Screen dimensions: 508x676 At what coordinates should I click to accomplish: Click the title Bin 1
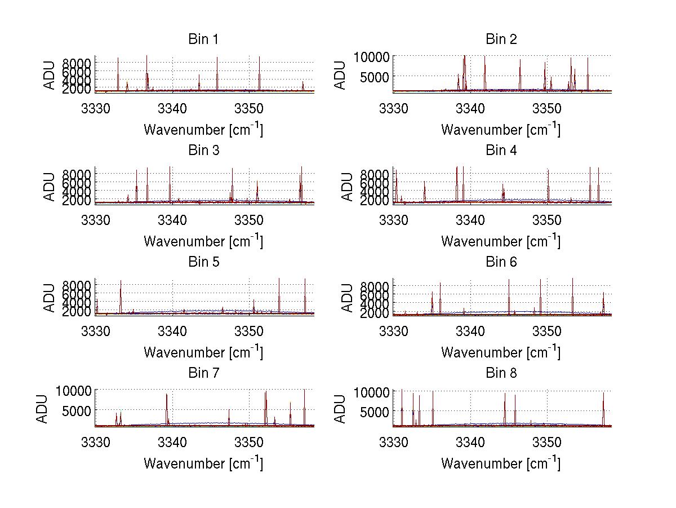pyautogui.click(x=203, y=39)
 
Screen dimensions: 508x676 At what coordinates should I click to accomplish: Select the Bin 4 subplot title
pyautogui.click(x=501, y=151)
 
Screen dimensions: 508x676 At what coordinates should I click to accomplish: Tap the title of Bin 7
pyautogui.click(x=203, y=373)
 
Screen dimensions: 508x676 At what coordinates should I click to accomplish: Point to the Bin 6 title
pyautogui.click(x=501, y=262)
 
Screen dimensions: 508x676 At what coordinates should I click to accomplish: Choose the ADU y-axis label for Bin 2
pyautogui.click(x=340, y=74)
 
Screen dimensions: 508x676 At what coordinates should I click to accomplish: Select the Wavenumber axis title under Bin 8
pyautogui.click(x=501, y=463)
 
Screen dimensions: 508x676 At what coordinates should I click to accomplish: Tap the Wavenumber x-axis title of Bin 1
pyautogui.click(x=203, y=129)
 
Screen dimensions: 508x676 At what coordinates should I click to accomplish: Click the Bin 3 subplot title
pyautogui.click(x=203, y=151)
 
